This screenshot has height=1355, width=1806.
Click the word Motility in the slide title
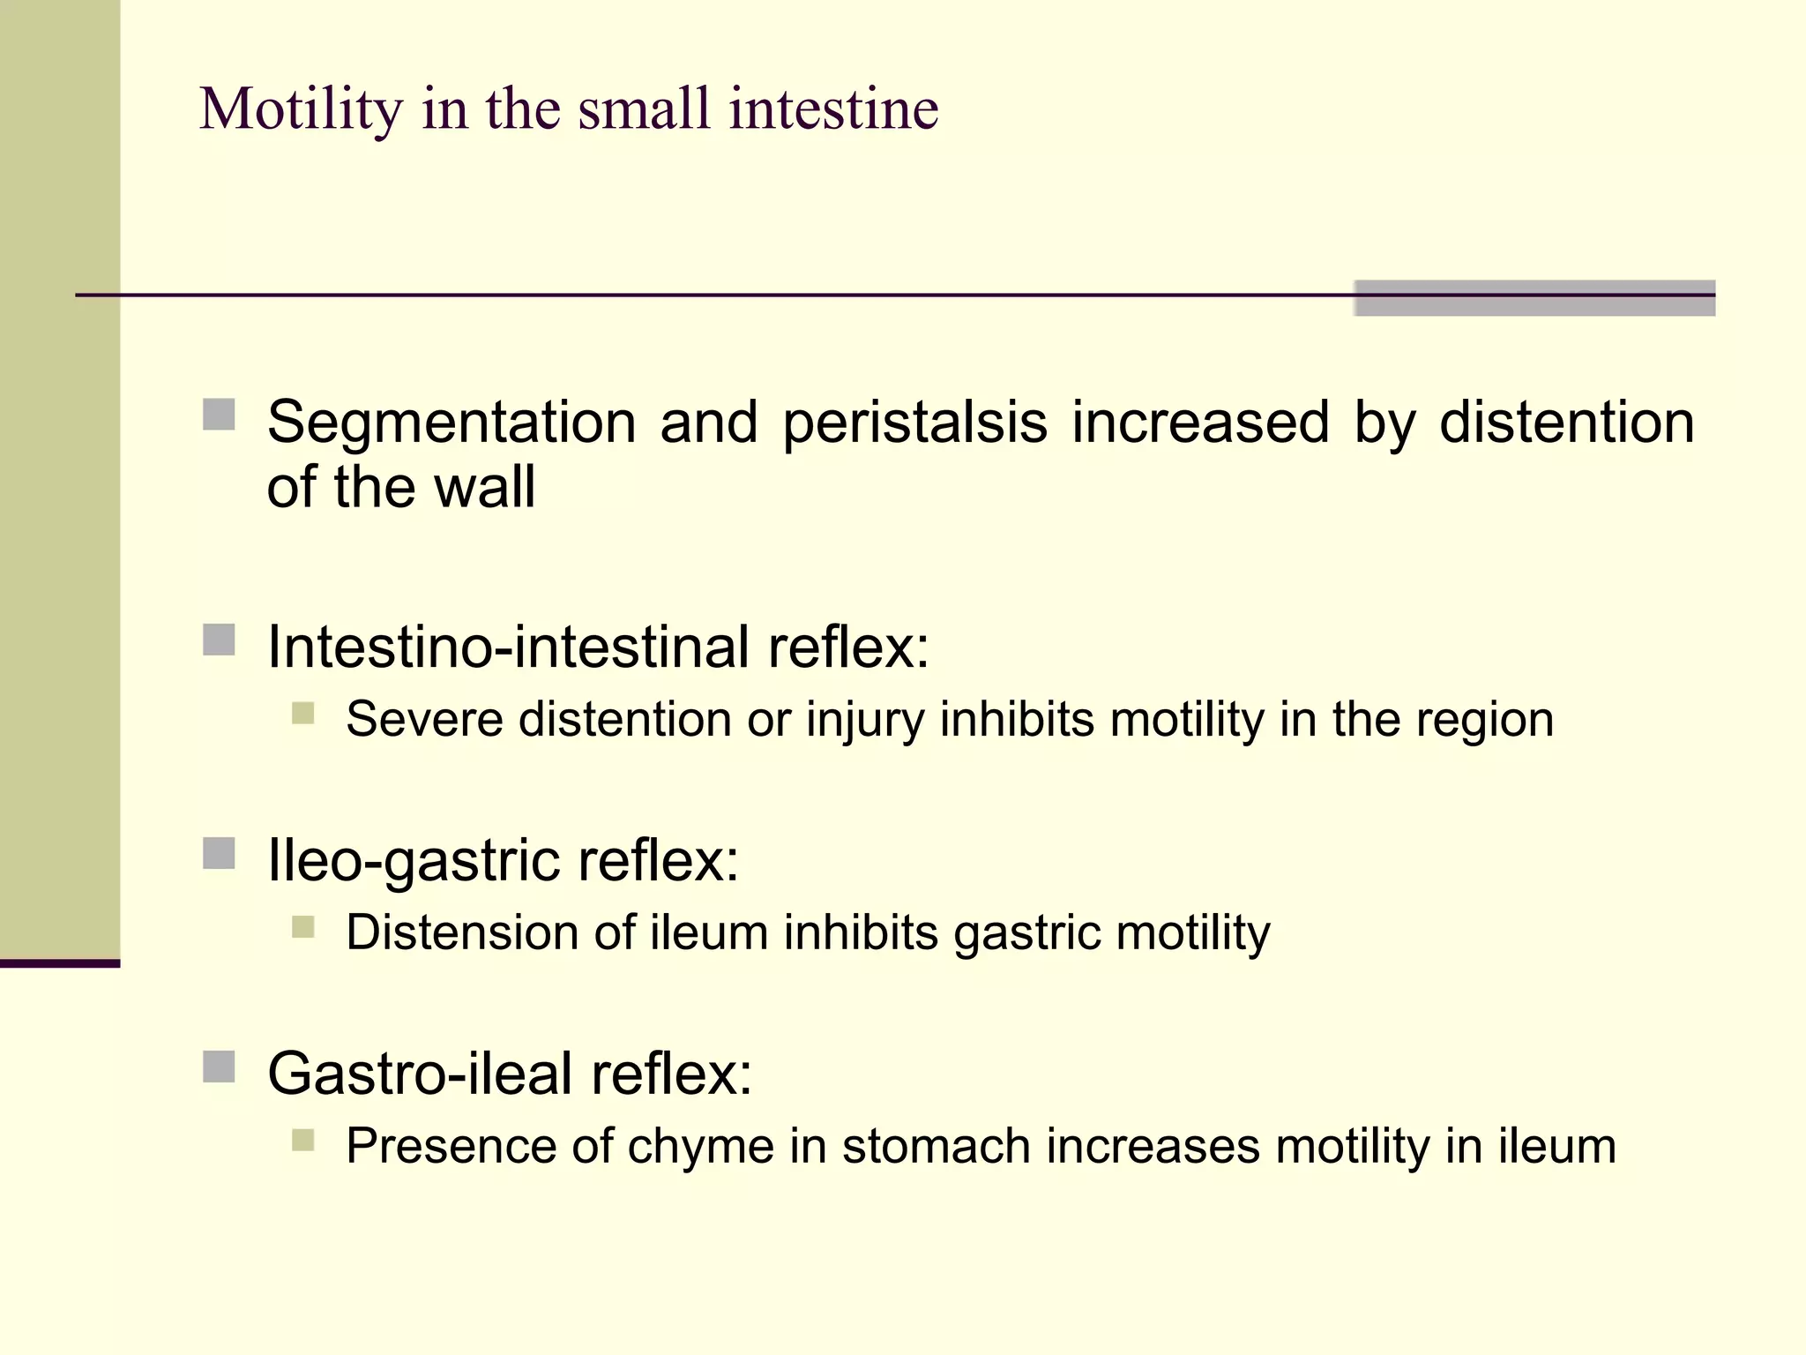[301, 109]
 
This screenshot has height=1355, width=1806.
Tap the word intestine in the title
[833, 109]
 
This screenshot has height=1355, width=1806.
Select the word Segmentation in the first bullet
[451, 422]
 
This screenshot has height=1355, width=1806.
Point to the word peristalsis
[914, 422]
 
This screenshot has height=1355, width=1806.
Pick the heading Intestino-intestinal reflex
[598, 647]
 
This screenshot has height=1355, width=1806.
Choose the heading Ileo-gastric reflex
[503, 859]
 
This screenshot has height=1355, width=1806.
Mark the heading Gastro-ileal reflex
[510, 1074]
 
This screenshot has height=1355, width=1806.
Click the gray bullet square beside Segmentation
[219, 415]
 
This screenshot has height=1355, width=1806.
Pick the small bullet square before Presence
[302, 1141]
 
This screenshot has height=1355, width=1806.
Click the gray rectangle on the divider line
[1534, 297]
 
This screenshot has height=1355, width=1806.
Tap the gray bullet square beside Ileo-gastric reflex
[219, 853]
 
